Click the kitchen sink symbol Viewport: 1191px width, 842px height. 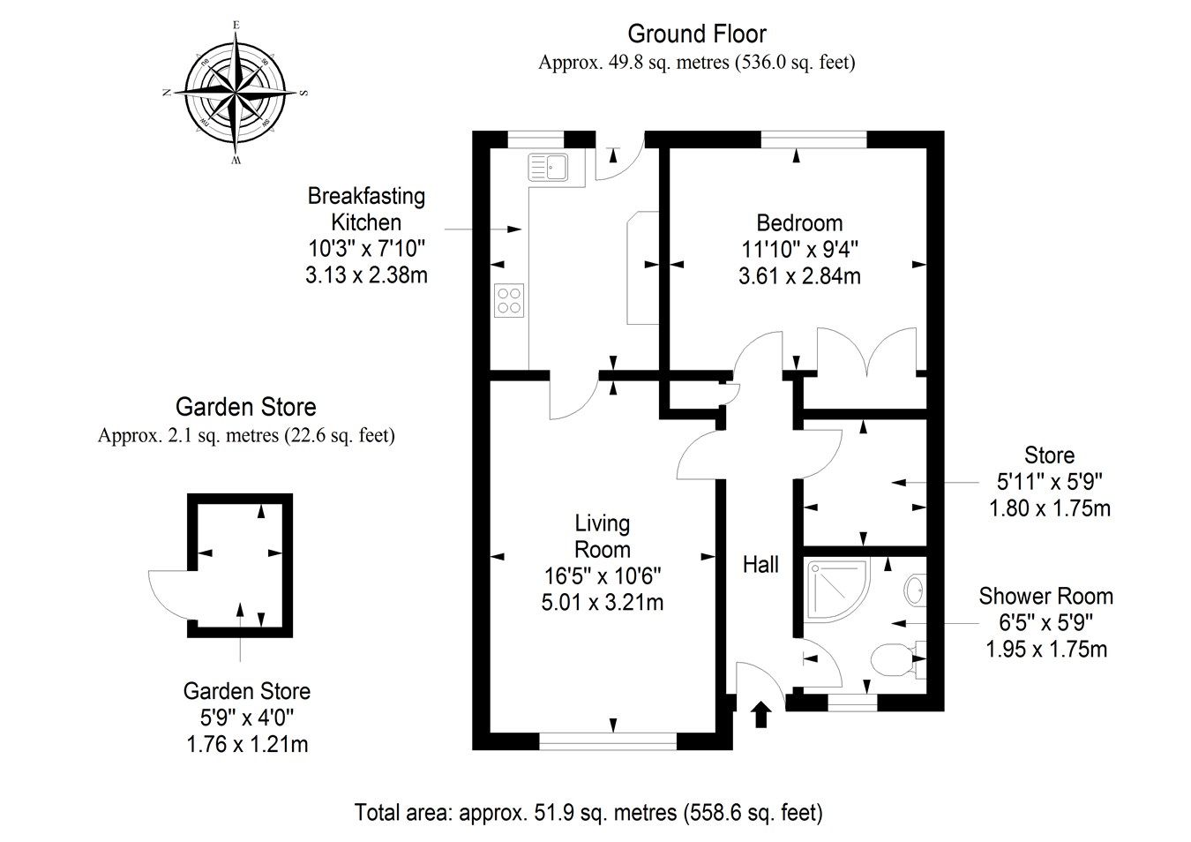(x=548, y=167)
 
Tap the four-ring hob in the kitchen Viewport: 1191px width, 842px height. (x=509, y=300)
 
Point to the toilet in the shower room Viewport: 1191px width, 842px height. (x=899, y=660)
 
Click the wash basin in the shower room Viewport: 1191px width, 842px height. (x=915, y=590)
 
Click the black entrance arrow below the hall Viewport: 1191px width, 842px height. (x=760, y=714)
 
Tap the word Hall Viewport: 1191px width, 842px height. (x=760, y=564)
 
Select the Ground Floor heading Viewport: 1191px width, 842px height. (x=697, y=34)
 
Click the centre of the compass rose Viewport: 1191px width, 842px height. (x=235, y=93)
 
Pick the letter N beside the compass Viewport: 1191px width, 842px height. (x=167, y=93)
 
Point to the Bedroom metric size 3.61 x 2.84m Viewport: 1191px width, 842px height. (x=799, y=276)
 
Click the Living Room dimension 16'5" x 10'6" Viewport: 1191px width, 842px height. (x=603, y=575)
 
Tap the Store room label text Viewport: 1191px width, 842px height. (x=1049, y=455)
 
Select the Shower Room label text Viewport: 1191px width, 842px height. (x=1045, y=597)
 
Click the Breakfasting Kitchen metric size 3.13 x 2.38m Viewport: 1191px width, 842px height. (x=366, y=275)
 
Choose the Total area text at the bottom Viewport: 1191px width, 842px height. (x=588, y=812)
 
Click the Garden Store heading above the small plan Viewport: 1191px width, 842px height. (x=245, y=407)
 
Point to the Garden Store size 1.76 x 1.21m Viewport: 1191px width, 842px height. (x=247, y=744)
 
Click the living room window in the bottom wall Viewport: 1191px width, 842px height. (x=608, y=741)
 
